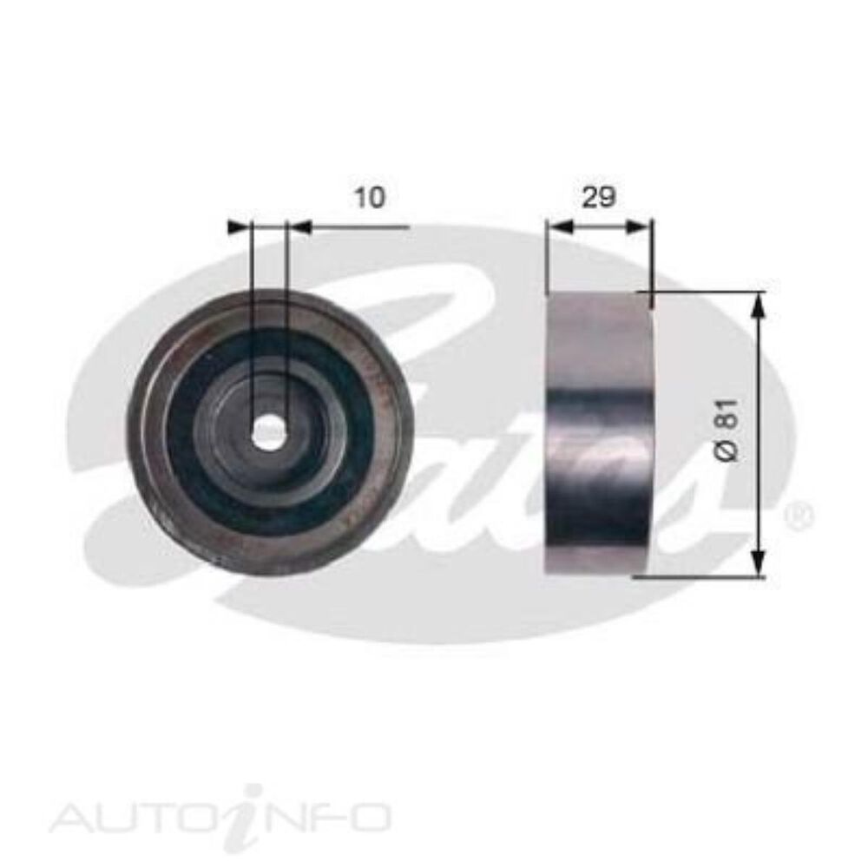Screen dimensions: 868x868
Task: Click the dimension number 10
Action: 369,198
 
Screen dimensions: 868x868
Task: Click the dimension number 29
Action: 599,198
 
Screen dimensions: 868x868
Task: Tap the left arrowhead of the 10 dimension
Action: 238,227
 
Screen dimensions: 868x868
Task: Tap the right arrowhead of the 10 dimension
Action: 298,227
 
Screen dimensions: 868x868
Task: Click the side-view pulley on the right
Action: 599,434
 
